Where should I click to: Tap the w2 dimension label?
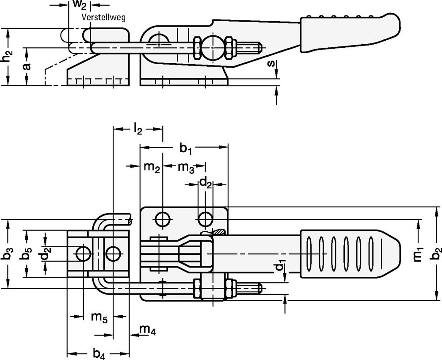pos(80,5)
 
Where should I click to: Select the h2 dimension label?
pos(7,56)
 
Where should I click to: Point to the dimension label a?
pos(27,66)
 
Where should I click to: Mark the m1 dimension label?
pos(419,254)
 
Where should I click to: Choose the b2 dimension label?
pos(438,254)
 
